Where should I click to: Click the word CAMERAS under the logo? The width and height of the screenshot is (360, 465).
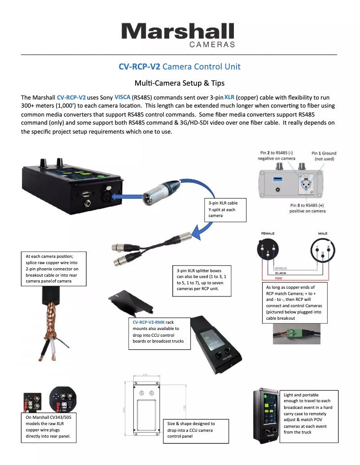pos(212,45)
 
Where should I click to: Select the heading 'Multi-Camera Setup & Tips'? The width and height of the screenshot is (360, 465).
pos(180,83)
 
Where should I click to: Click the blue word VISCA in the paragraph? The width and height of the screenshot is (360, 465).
pos(123,97)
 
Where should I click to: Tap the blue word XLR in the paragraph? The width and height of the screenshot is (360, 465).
pos(229,97)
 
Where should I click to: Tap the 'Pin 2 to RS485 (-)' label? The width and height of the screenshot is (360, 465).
pos(276,156)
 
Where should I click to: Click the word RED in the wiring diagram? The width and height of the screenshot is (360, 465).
pos(278,278)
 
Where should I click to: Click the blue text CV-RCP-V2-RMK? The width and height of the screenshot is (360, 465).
pos(149,322)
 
